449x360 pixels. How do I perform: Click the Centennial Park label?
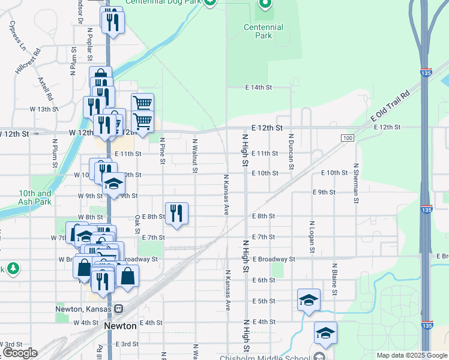264,31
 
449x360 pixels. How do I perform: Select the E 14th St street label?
259,88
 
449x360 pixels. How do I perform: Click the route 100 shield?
347,139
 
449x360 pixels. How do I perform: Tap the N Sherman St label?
356,182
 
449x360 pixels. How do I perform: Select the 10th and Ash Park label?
35,197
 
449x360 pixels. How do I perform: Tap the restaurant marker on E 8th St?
176,213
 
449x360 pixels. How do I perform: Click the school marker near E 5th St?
309,299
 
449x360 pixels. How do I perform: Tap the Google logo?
20,353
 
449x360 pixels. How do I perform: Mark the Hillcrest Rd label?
28,61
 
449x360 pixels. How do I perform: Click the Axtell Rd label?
45,88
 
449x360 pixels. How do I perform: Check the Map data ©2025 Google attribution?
411,355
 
